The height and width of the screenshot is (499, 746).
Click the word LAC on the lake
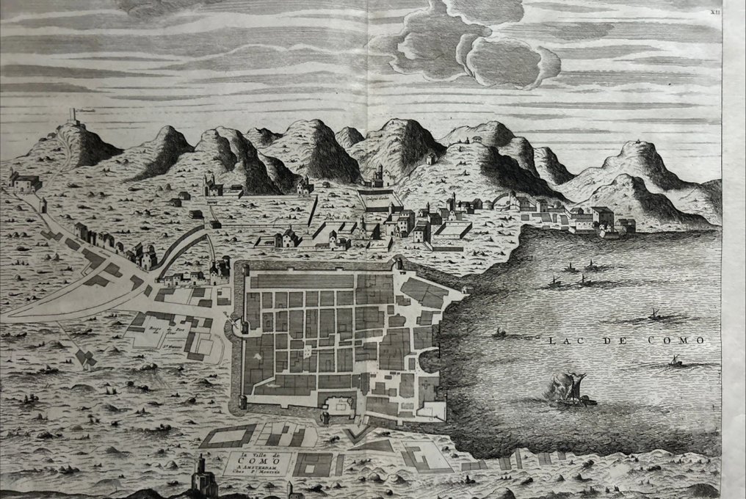tap(562, 340)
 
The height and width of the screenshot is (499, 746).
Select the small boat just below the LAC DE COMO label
tap(674, 362)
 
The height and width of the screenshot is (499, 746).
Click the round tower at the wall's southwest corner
tap(242, 403)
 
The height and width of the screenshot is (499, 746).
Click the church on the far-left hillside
tap(26, 183)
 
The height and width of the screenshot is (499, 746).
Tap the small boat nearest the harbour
tap(499, 333)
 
